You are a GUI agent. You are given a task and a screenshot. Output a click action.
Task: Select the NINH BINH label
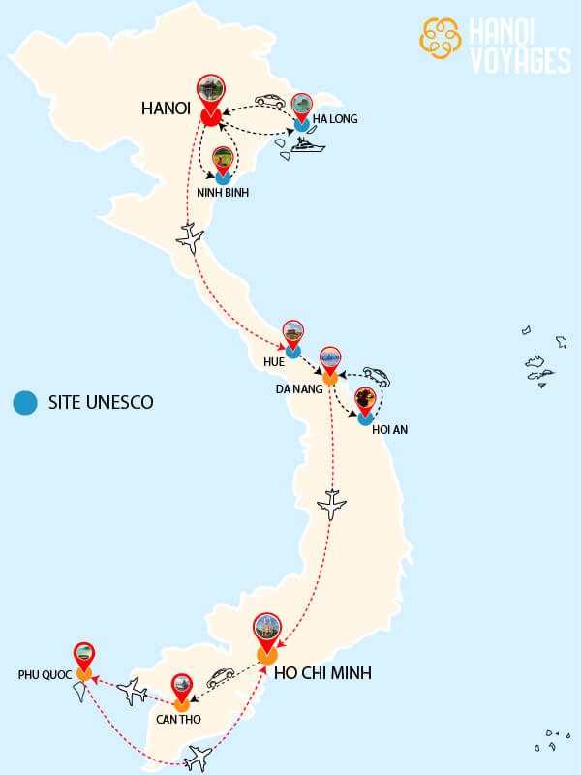point(223,193)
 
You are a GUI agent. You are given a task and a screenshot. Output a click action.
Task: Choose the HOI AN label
point(389,429)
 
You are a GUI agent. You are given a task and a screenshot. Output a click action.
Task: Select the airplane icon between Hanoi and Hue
point(192,236)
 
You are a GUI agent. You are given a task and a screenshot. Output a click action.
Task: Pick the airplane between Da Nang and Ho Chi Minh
point(332,504)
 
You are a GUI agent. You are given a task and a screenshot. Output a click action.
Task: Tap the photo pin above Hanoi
point(209,91)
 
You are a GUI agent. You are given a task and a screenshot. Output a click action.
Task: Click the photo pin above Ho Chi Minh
point(267,630)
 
